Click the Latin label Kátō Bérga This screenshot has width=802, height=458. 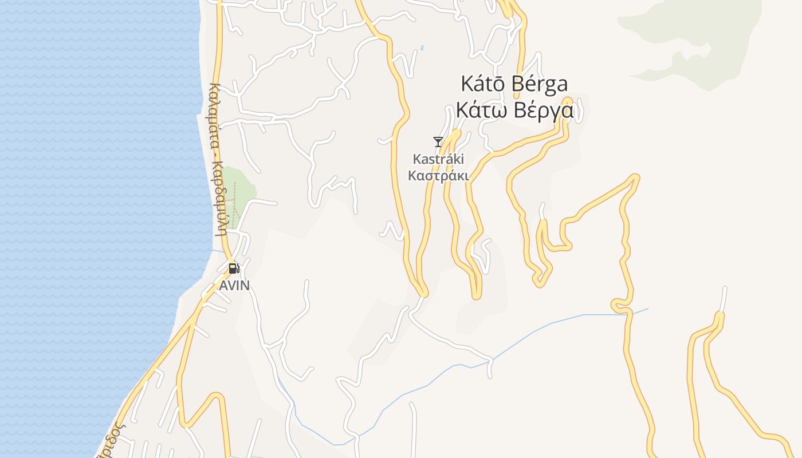pyautogui.click(x=514, y=84)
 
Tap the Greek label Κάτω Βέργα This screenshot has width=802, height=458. pyautogui.click(x=514, y=110)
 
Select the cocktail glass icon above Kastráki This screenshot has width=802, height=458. pyautogui.click(x=438, y=141)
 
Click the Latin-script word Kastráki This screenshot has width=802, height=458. pyautogui.click(x=438, y=159)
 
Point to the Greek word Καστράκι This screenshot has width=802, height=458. pyautogui.click(x=438, y=176)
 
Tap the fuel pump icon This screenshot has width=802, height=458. pyautogui.click(x=234, y=268)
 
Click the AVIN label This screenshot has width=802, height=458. pyautogui.click(x=235, y=285)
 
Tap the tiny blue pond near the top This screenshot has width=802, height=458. pyautogui.click(x=422, y=48)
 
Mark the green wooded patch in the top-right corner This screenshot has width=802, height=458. pyautogui.click(x=687, y=40)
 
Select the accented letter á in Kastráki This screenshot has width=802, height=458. pyautogui.click(x=444, y=159)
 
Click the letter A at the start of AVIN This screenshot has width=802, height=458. pyautogui.click(x=224, y=285)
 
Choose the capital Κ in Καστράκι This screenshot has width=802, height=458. pyautogui.click(x=412, y=176)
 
